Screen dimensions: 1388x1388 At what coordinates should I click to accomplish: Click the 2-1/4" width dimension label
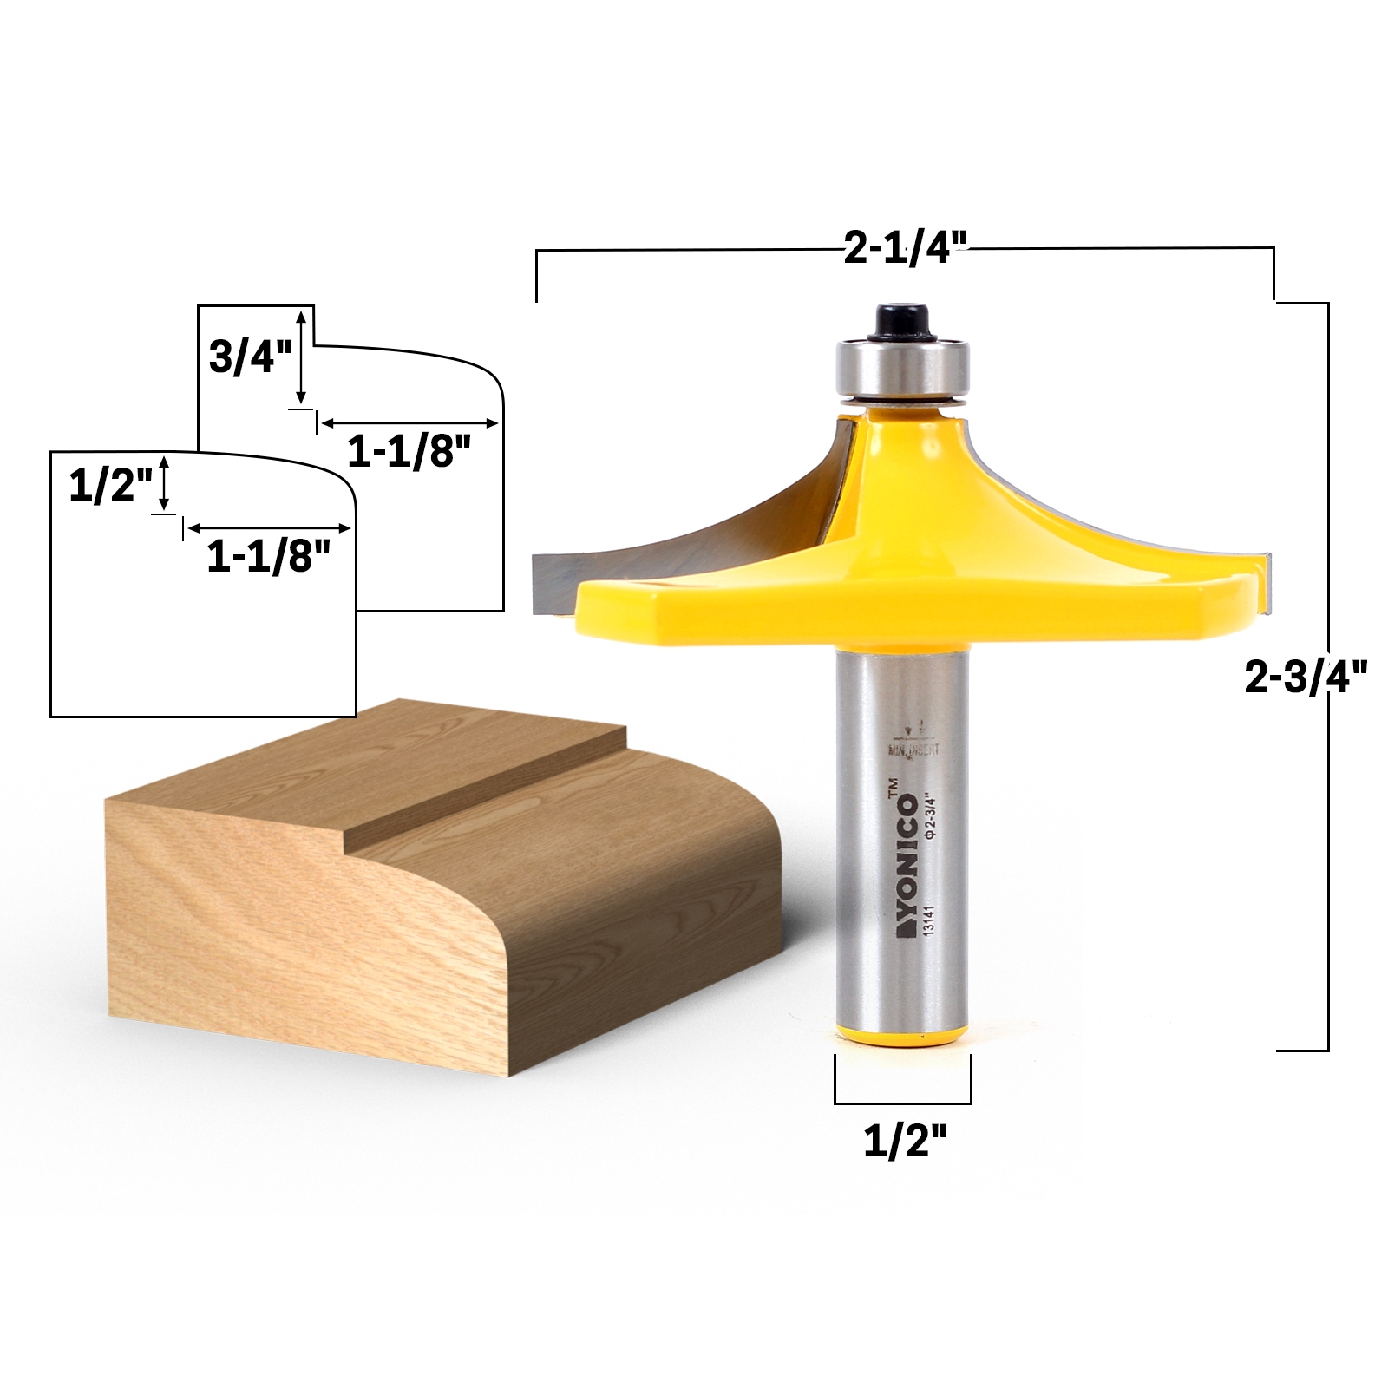(905, 250)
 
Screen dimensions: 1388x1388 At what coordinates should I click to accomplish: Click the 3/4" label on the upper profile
(250, 356)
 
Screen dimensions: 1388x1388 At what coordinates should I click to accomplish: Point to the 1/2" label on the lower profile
(110, 486)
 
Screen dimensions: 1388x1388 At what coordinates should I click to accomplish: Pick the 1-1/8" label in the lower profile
(268, 557)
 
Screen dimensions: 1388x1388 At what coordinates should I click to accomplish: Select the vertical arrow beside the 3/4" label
(301, 357)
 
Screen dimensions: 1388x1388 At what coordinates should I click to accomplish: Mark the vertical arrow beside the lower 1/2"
(163, 486)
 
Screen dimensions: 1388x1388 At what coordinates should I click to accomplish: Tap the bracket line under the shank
(902, 1103)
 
